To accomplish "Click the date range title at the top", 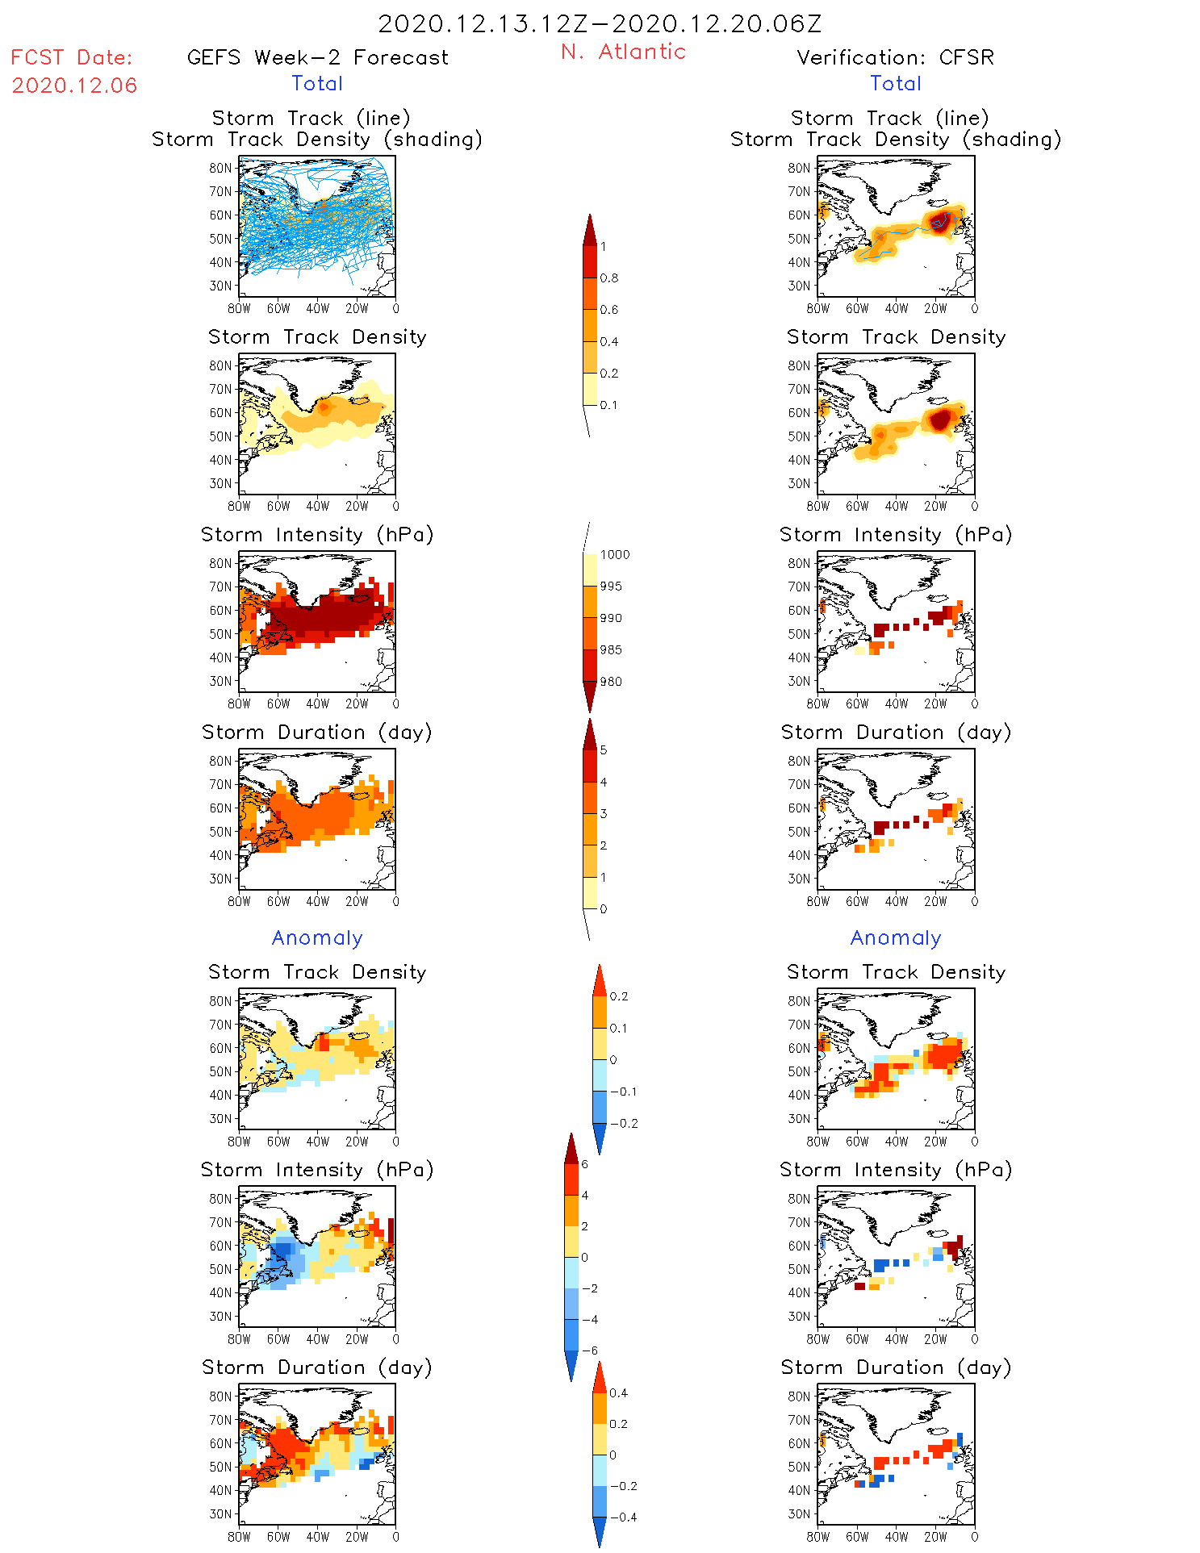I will click(600, 23).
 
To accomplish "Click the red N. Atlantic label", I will click(623, 52).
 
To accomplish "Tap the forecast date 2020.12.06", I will click(74, 86).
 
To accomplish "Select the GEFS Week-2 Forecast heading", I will click(317, 57).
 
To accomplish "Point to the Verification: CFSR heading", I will click(895, 57).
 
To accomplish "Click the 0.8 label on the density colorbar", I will click(609, 278).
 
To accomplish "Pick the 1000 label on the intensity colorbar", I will click(614, 555).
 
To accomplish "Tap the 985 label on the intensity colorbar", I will click(611, 650).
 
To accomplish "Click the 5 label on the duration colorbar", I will click(604, 750).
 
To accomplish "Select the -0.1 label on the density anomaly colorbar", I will click(623, 1092).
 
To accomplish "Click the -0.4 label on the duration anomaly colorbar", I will click(623, 1517).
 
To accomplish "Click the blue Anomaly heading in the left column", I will click(317, 937).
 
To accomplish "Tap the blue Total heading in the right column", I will click(896, 83).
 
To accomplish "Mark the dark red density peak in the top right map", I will click(939, 221).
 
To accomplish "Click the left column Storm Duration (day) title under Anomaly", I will click(317, 1367).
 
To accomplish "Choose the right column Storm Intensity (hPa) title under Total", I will click(896, 534).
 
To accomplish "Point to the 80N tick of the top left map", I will click(220, 168).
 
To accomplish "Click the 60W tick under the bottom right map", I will click(857, 1537).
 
